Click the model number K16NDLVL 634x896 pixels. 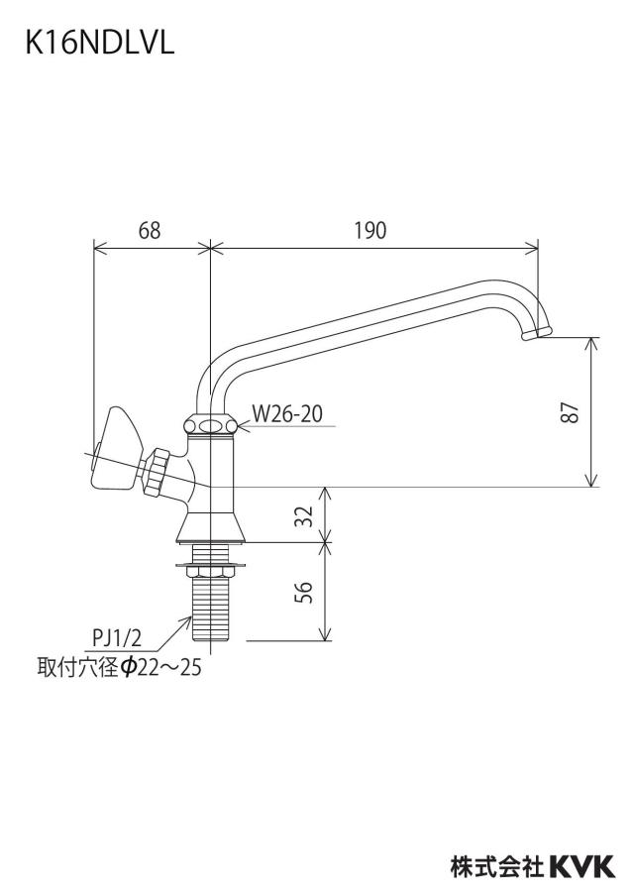point(100,43)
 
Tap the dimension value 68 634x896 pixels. point(150,230)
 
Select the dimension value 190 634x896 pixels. point(370,230)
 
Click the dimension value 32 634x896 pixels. point(307,515)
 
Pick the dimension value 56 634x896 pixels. point(307,592)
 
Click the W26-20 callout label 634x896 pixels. point(287,413)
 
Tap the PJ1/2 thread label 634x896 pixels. point(117,636)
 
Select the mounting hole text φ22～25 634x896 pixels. point(161,667)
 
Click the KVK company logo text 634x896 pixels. point(581,866)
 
